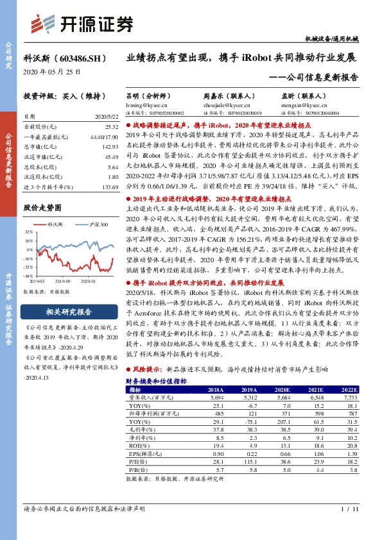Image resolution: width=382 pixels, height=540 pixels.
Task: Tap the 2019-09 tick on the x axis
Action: (x=63, y=280)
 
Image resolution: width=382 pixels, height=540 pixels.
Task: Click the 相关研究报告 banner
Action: (x=69, y=312)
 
